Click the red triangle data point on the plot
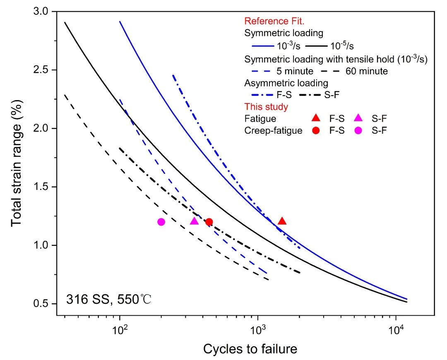[282, 221]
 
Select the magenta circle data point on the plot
[161, 222]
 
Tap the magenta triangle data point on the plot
[194, 221]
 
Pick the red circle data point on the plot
[209, 222]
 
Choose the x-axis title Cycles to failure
[250, 349]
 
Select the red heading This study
[266, 107]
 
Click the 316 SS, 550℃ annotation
[109, 299]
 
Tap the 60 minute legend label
[367, 71]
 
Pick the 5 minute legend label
[295, 71]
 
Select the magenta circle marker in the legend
[358, 130]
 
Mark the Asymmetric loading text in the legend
[286, 83]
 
